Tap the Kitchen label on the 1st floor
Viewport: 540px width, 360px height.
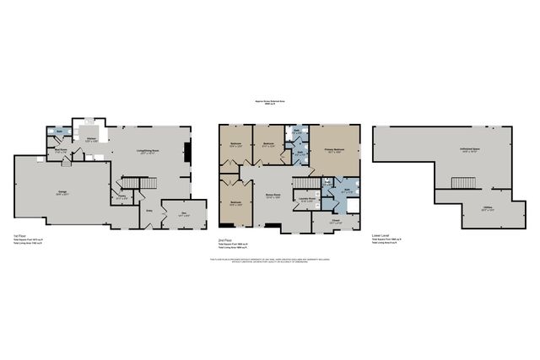coord(91,140)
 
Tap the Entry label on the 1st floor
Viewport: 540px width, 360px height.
coord(149,210)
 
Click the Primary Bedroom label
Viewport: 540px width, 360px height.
coord(335,151)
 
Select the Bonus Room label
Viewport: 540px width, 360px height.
coord(273,197)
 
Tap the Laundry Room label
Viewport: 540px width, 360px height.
coord(307,200)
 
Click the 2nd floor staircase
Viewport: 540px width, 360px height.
coord(308,182)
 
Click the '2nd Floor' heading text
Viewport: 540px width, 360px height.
coord(224,239)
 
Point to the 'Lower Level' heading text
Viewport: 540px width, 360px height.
coord(381,235)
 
